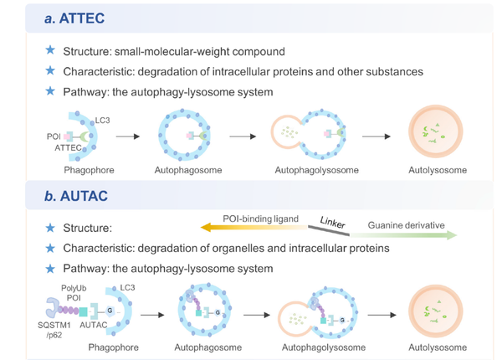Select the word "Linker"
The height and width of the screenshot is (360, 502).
pyautogui.click(x=332, y=222)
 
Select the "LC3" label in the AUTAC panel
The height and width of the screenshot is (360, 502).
pyautogui.click(x=127, y=288)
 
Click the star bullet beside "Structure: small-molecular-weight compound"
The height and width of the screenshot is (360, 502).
pyautogui.click(x=50, y=51)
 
